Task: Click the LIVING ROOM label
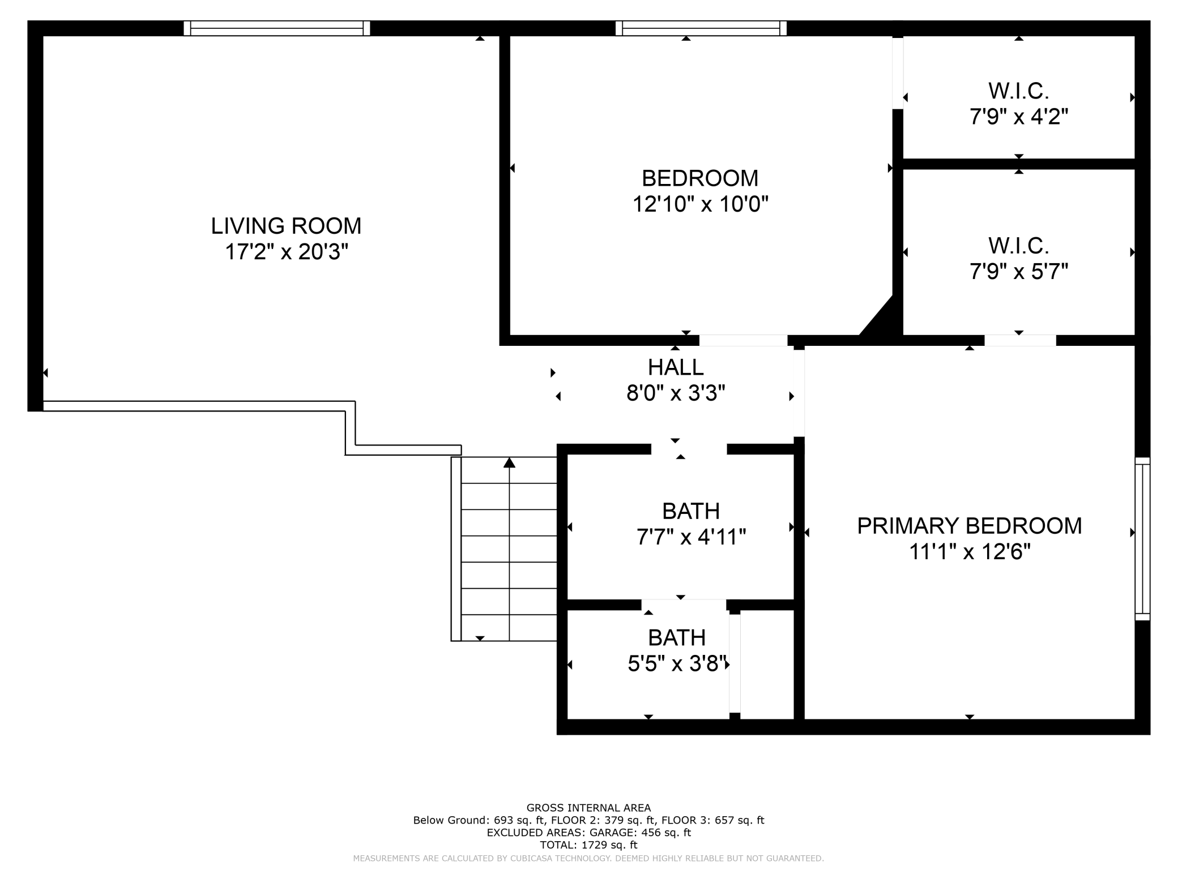[286, 226]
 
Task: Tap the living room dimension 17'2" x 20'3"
[286, 252]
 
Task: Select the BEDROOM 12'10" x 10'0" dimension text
[700, 204]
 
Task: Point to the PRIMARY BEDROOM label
[969, 526]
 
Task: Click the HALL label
[676, 367]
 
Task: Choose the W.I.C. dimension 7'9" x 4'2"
[1019, 117]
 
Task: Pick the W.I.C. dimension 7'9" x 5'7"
[1019, 272]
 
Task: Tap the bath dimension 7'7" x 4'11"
[691, 537]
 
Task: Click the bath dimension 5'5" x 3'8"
[677, 663]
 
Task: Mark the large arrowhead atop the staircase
[509, 463]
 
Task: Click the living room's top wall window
[277, 28]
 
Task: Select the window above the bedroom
[701, 28]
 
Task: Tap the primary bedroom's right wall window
[1142, 539]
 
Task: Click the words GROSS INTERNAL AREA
[588, 808]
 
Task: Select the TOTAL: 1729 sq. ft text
[588, 845]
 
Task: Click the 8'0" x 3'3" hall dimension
[676, 393]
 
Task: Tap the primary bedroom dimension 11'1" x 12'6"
[970, 551]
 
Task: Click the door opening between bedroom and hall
[743, 340]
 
